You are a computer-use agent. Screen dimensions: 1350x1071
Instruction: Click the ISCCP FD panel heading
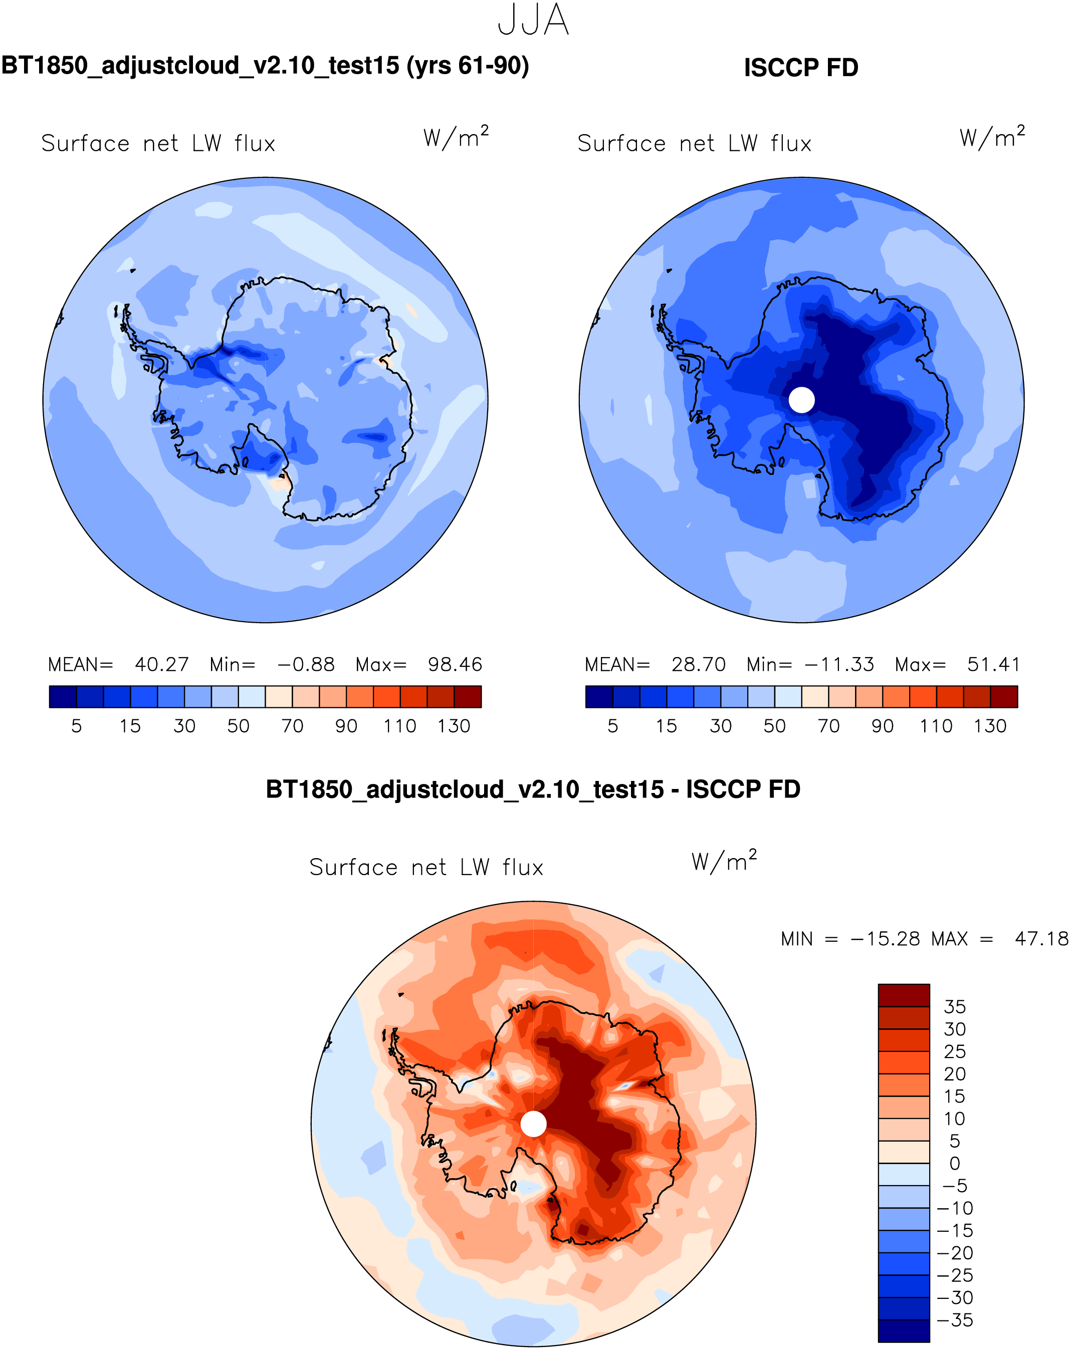(800, 68)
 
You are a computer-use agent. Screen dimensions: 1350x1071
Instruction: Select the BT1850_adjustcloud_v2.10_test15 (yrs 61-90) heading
(265, 66)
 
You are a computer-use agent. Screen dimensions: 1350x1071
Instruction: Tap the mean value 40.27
(161, 664)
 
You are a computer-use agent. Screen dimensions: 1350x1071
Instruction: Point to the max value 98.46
(455, 664)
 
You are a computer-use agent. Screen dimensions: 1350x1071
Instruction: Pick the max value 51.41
(993, 664)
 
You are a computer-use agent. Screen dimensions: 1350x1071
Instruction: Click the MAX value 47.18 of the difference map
(1041, 939)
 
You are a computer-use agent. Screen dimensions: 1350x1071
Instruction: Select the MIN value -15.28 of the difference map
(885, 939)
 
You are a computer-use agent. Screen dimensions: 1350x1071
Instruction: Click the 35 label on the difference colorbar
(955, 1007)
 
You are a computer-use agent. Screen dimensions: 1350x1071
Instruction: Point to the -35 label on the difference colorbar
(955, 1320)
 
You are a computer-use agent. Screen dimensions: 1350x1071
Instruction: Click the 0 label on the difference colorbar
(955, 1163)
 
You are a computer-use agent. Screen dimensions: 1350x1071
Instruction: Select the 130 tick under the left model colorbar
(454, 726)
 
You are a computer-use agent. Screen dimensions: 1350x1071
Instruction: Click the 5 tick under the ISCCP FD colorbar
(612, 726)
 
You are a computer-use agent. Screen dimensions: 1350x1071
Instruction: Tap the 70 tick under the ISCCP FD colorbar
(828, 726)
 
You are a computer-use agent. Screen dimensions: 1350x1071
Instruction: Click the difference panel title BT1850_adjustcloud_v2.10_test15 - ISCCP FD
(533, 789)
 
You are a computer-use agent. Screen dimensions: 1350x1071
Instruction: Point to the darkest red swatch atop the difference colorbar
(903, 995)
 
